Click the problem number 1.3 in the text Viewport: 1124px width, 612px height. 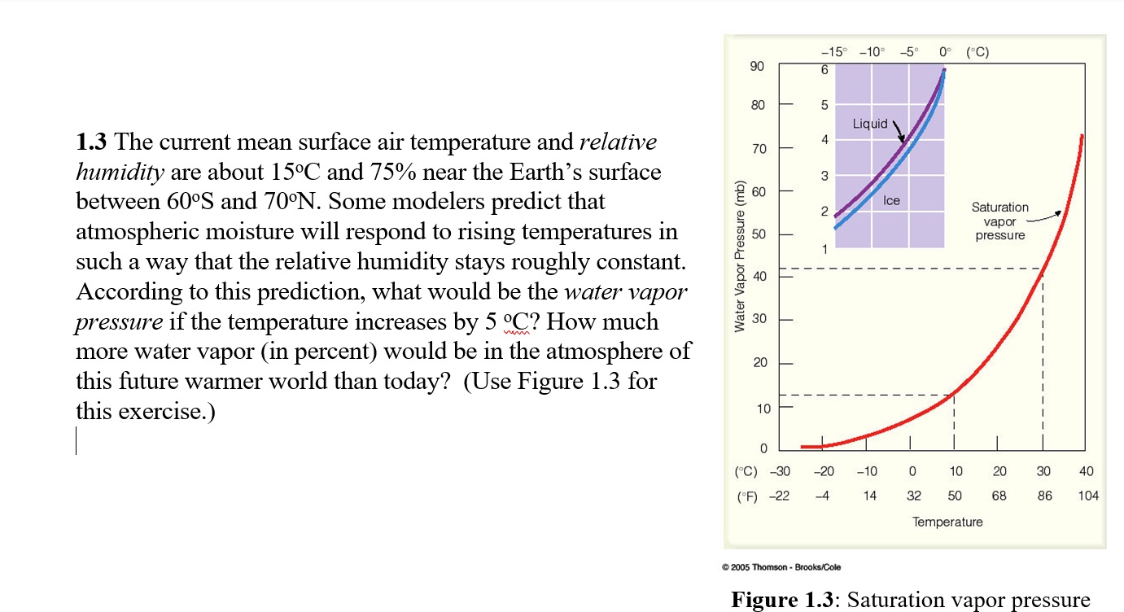click(92, 143)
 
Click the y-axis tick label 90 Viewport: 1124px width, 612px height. click(757, 66)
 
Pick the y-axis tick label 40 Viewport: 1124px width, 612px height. click(759, 277)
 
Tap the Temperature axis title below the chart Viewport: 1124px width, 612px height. click(947, 522)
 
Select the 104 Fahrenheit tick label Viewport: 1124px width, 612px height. click(1087, 495)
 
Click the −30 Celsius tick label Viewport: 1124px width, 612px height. click(780, 471)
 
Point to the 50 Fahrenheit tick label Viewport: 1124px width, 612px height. click(955, 495)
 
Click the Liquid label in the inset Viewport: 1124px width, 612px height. click(870, 124)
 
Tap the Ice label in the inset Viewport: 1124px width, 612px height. click(891, 200)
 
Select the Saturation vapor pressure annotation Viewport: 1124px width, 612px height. click(999, 221)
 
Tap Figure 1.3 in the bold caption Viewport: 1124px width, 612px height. click(783, 601)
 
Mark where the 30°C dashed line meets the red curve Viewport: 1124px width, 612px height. click(1043, 269)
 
